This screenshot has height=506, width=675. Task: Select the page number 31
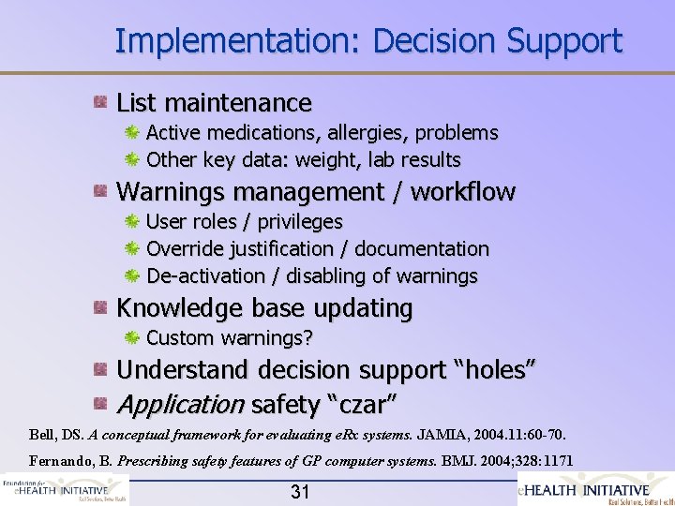click(300, 491)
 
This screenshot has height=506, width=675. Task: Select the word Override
click(185, 249)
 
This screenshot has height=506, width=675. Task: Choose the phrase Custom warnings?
click(230, 337)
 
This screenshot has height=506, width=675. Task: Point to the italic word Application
click(180, 405)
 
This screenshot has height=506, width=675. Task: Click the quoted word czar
click(361, 405)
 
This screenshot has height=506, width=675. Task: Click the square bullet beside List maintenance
click(99, 101)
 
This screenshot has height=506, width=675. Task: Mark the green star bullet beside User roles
click(133, 222)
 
